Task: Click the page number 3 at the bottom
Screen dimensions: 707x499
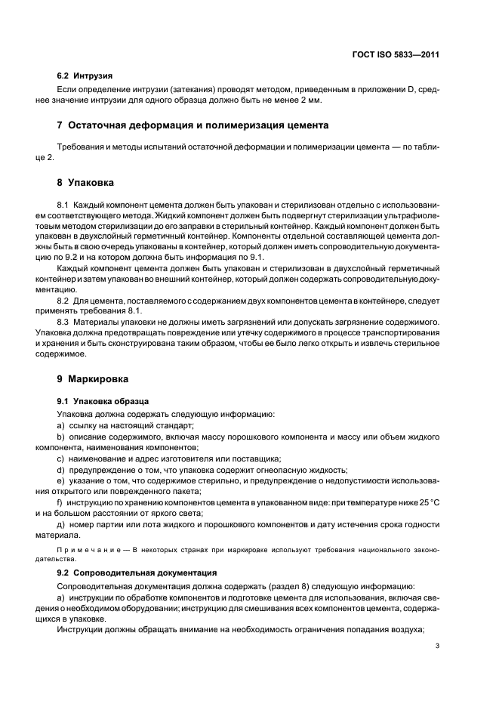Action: pos(437,646)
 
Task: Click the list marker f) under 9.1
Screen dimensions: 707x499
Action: pos(60,502)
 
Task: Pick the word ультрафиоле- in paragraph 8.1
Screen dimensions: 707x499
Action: pos(414,215)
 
